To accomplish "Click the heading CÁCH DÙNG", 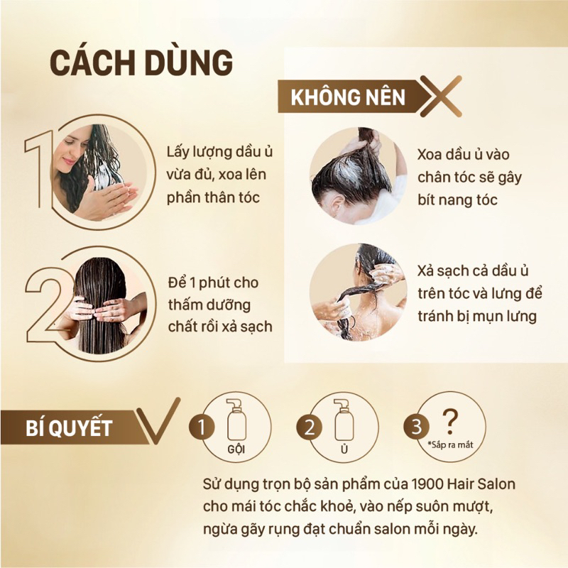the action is tap(141, 62).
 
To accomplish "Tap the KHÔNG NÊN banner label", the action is tap(348, 97).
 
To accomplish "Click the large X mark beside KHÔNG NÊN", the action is tap(441, 96).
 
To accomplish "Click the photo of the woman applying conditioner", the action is tap(99, 173).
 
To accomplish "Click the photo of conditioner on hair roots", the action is tap(359, 175).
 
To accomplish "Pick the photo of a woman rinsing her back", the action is tap(359, 292).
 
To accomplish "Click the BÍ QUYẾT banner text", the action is tap(69, 428).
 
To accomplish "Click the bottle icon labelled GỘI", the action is tap(236, 420).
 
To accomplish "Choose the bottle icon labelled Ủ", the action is tap(344, 420).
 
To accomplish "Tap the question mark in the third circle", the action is tap(450, 422).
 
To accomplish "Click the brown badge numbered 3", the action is tap(417, 427).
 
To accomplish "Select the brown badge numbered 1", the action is tap(202, 427).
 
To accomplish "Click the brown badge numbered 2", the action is tap(309, 427).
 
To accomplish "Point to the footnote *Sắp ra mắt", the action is tap(450, 445).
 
